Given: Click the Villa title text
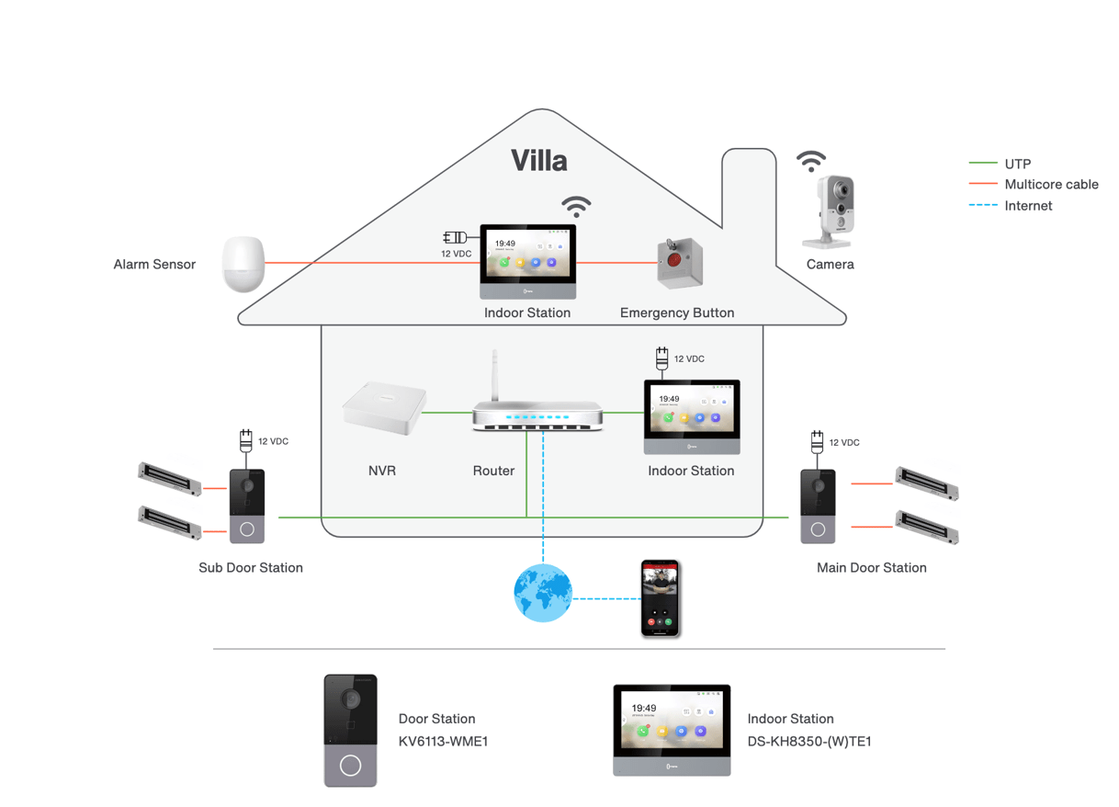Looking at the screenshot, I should click(x=539, y=161).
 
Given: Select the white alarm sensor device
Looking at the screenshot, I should click(x=243, y=265).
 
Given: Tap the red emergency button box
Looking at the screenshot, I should click(x=679, y=264).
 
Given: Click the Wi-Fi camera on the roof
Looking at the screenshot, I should click(x=831, y=212).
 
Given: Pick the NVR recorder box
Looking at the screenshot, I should click(x=384, y=407).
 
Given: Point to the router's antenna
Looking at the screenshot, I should click(x=495, y=375).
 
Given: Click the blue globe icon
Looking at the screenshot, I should click(x=543, y=593).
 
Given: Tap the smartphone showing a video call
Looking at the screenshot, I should click(x=661, y=598).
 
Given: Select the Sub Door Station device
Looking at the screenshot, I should click(x=246, y=506).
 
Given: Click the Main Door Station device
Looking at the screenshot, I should click(x=818, y=506).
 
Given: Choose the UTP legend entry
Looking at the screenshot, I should click(x=1017, y=164).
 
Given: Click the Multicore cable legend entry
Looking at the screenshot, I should click(x=1051, y=185).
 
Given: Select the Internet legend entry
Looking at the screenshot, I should click(x=1028, y=206).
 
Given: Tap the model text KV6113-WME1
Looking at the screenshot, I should click(x=443, y=741).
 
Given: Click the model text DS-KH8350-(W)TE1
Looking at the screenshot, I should click(x=808, y=741).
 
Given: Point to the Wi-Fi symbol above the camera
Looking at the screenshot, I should click(x=811, y=162).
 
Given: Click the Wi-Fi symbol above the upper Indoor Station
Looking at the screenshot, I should click(x=576, y=206).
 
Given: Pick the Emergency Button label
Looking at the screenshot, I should click(x=677, y=313).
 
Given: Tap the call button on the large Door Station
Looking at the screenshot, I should click(x=350, y=766).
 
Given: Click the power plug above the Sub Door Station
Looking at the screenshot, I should click(x=245, y=439).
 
